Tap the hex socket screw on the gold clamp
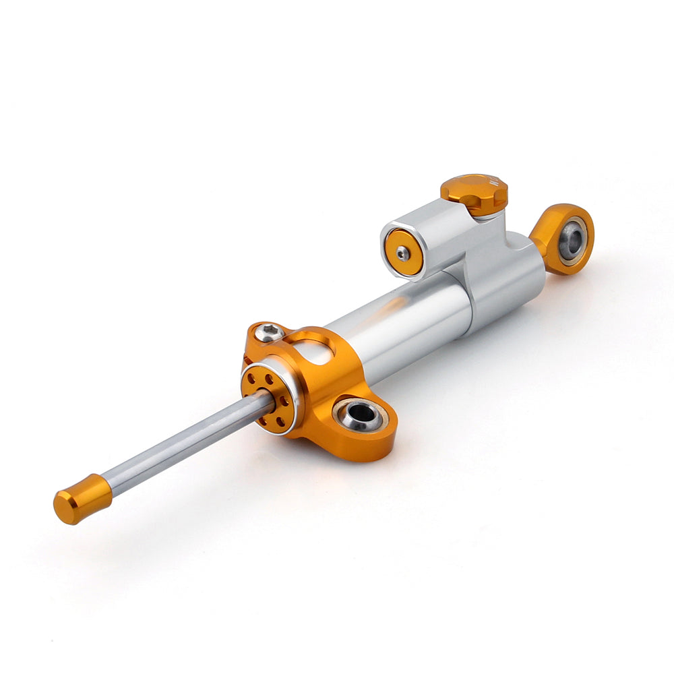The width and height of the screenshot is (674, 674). pyautogui.click(x=270, y=332)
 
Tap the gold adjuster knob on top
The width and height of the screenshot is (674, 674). pyautogui.click(x=474, y=192)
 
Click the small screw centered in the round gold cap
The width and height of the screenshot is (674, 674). pyautogui.click(x=402, y=253)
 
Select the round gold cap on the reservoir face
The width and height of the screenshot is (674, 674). pyautogui.click(x=404, y=252)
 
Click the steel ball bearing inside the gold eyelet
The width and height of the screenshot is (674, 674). pyautogui.click(x=572, y=241)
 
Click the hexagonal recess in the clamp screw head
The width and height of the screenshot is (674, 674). pyautogui.click(x=270, y=331)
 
